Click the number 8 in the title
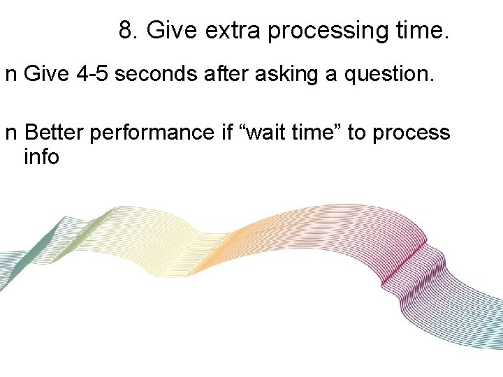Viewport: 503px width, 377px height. coord(126,30)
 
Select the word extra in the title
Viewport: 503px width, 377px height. coord(234,30)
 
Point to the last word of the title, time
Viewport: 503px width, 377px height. coord(422,30)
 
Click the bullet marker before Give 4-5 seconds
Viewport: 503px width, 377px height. coord(10,76)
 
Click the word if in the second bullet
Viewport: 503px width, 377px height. coord(226,133)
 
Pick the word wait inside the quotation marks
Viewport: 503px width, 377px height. coord(268,133)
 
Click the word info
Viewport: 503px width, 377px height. coord(41,156)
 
